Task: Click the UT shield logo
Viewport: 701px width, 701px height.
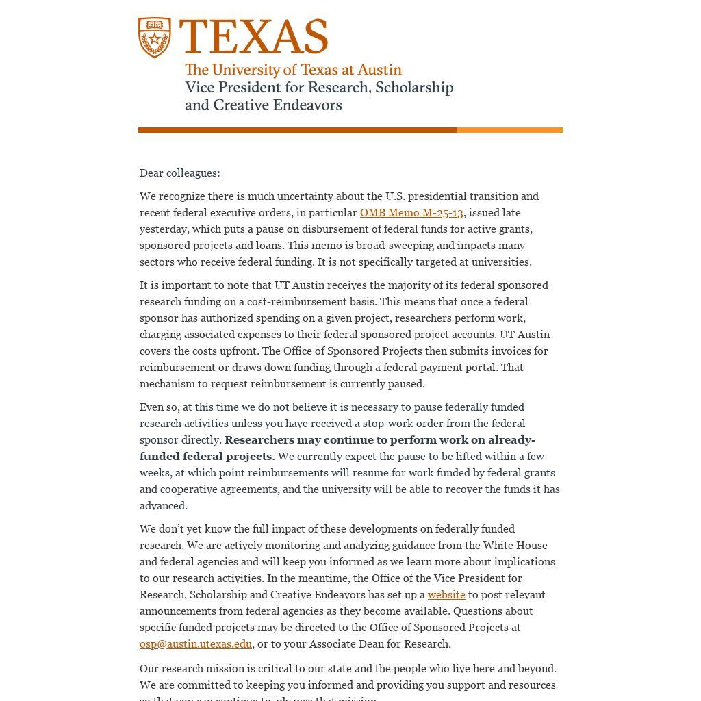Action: pos(155,38)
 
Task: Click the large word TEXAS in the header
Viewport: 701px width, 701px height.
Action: pos(253,36)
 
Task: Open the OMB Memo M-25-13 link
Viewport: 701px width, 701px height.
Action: pos(411,213)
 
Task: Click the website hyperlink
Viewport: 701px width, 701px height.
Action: pos(446,595)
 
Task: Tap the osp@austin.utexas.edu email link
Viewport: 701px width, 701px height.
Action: pos(196,644)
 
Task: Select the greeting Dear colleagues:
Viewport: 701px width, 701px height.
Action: pos(180,173)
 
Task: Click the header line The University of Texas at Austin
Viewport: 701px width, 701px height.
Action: pos(293,70)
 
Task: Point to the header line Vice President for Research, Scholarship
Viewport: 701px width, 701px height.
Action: pos(319,88)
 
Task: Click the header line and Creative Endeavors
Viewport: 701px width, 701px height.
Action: pos(264,105)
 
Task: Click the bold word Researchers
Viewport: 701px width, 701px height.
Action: pos(259,440)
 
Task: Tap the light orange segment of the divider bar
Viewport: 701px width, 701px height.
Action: pos(509,130)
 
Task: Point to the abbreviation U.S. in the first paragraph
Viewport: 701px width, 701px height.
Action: pos(395,196)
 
